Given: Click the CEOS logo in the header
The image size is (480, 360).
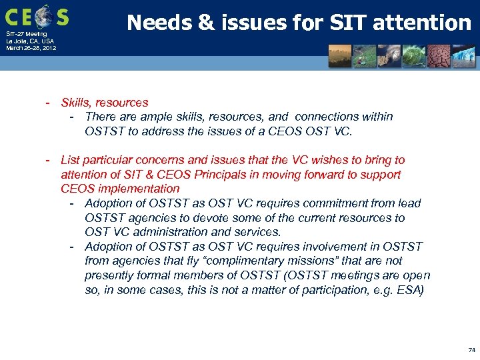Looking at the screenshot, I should (x=37, y=15).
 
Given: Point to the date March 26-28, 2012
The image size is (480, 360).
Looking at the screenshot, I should (x=31, y=48).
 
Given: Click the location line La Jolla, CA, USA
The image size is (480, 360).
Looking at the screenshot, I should (x=30, y=41).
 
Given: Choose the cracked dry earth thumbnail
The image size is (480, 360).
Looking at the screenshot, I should (x=438, y=56).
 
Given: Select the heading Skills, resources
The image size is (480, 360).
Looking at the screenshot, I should (x=105, y=103).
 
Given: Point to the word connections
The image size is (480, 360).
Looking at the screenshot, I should (x=326, y=117).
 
